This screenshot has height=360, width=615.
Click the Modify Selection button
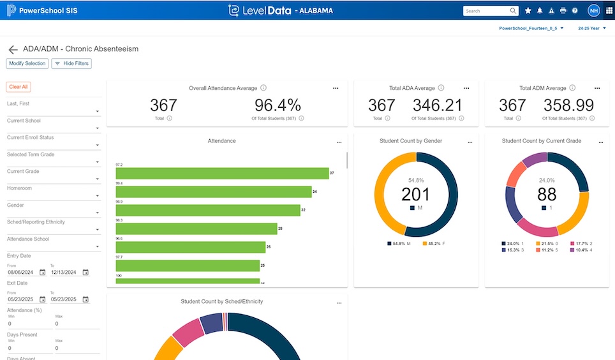click(x=27, y=64)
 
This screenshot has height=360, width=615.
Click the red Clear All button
click(x=19, y=87)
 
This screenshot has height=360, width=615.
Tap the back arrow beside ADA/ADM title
click(x=13, y=49)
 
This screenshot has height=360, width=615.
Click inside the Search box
click(x=486, y=11)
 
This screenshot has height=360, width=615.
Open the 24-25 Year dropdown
click(x=591, y=28)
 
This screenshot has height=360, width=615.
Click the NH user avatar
click(x=593, y=11)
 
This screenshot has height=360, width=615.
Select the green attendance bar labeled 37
click(x=221, y=173)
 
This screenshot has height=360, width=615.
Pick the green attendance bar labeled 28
click(x=196, y=229)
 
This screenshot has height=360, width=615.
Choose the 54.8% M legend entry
click(x=399, y=243)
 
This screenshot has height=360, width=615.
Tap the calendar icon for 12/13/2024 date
click(x=85, y=273)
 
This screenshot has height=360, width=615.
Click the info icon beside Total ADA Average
click(x=441, y=88)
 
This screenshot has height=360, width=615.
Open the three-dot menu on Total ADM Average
click(x=597, y=88)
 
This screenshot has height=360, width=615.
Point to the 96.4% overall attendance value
click(x=278, y=105)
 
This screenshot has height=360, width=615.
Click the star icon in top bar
click(x=528, y=11)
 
